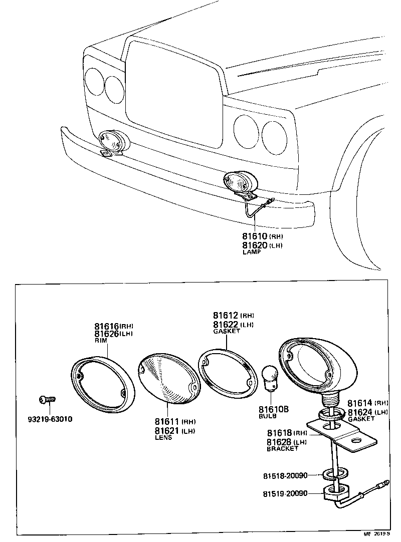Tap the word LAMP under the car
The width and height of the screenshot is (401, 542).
pyautogui.click(x=252, y=252)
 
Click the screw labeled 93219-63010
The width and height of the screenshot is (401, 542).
pyautogui.click(x=47, y=400)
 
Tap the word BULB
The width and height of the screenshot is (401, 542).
pyautogui.click(x=268, y=416)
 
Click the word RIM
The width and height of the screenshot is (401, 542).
pyautogui.click(x=100, y=341)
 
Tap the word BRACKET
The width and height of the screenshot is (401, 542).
pyautogui.click(x=282, y=449)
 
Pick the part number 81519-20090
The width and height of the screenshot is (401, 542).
pyautogui.click(x=285, y=494)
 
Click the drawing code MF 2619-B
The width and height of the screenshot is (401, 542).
pyautogui.click(x=380, y=534)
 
